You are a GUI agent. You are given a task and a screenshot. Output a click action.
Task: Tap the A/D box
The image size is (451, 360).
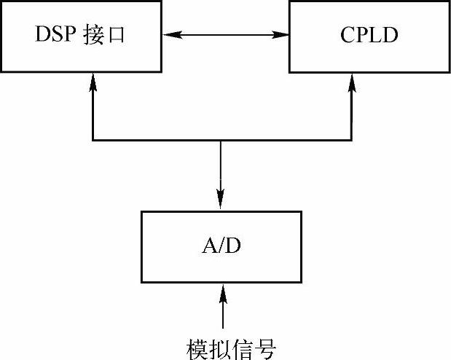click(221, 246)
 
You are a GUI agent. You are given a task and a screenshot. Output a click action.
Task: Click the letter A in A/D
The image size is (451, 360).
click(208, 246)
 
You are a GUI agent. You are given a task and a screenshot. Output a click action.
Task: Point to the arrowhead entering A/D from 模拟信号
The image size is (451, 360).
click(223, 290)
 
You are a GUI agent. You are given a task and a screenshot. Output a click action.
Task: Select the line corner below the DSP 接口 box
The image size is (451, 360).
click(93, 139)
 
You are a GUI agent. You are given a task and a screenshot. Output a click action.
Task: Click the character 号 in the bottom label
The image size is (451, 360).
click(265, 348)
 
